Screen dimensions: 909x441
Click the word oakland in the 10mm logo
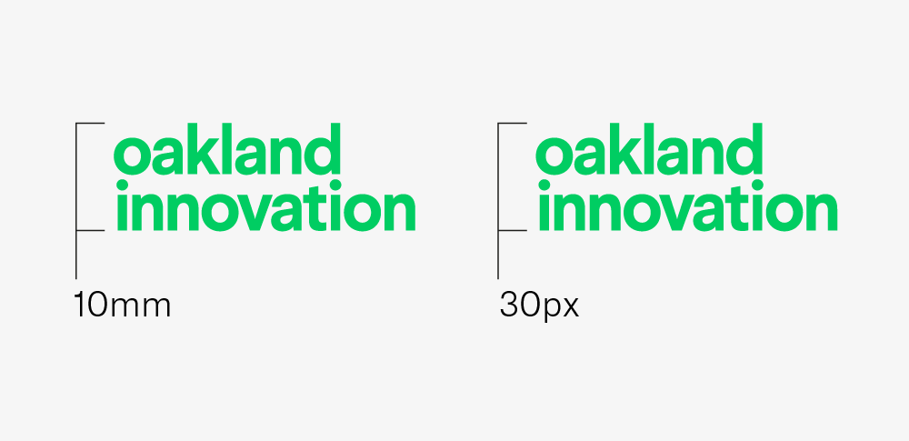coord(226,148)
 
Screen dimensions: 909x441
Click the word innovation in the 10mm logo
coord(266,205)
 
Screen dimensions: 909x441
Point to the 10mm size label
coord(123,306)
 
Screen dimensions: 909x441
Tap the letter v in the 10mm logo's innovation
coord(254,209)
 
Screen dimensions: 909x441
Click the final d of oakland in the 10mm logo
coord(321,148)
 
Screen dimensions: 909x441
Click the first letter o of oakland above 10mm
coord(132,156)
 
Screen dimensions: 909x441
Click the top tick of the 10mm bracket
coord(90,123)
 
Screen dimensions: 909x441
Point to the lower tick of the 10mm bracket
coord(90,230)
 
